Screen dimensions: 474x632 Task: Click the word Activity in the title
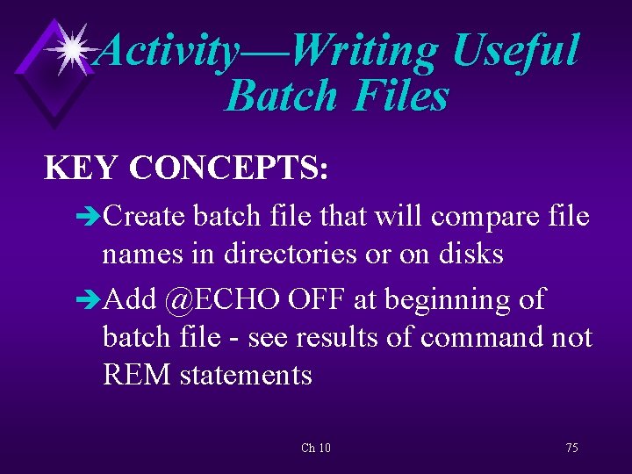pos(167,51)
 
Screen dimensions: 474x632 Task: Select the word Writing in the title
pos(363,51)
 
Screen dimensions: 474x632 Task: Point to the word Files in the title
pos(400,96)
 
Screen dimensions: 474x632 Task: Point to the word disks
pos(471,254)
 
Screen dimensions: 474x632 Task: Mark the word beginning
pos(443,300)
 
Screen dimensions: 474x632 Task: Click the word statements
pos(246,376)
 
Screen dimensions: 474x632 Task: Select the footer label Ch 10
pos(315,448)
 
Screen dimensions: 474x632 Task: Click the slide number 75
pos(571,448)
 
